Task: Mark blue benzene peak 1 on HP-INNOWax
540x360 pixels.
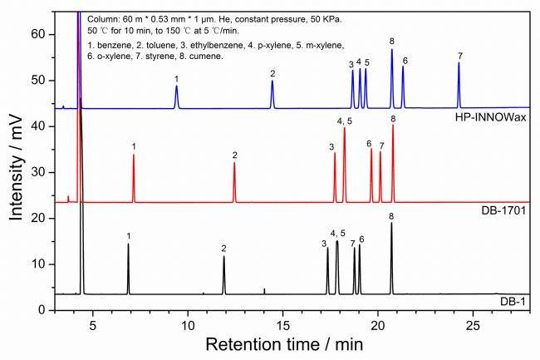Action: tap(176, 91)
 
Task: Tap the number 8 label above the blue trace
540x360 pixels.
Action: tap(391, 41)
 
